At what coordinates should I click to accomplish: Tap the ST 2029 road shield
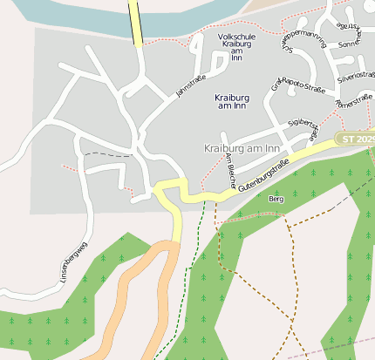[x=355, y=139]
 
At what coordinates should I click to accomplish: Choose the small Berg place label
[x=276, y=200]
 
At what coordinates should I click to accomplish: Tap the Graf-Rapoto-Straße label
[x=297, y=86]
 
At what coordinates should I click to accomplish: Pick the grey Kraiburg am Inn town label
[x=242, y=148]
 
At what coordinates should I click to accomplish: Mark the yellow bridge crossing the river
[x=135, y=22]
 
